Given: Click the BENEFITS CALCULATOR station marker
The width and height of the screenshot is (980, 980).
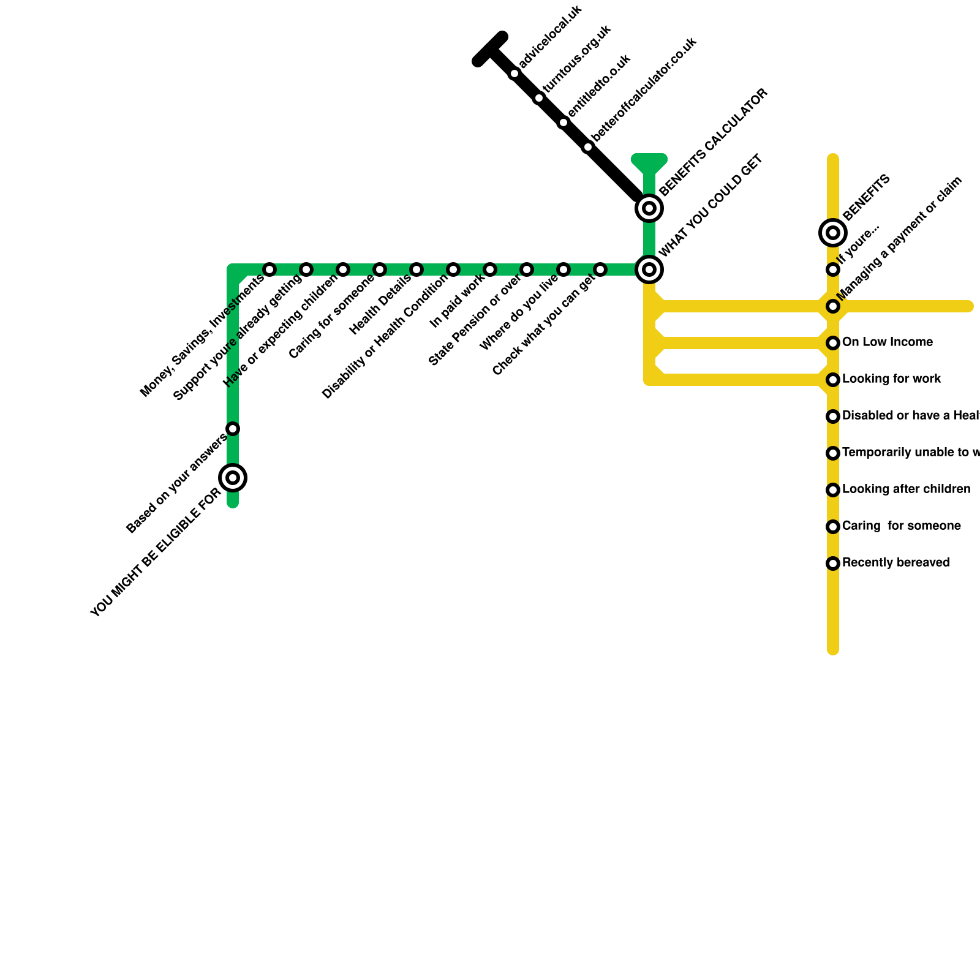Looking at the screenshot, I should point(649,208).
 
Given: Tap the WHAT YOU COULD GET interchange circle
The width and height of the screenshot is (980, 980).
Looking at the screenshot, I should point(649,269).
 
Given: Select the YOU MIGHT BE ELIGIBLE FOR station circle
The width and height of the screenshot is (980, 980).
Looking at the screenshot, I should point(233,478).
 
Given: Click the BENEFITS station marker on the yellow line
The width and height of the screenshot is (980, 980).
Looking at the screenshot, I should point(833,233).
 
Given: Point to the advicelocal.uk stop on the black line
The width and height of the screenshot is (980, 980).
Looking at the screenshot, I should point(514,74).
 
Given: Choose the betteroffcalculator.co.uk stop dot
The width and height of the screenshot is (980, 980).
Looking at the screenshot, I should point(588,147).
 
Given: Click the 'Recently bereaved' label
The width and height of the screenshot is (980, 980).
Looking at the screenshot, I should point(895,562).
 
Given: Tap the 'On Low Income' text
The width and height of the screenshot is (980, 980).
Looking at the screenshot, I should point(887,342).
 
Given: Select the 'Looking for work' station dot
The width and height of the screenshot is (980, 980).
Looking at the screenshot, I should point(833,380).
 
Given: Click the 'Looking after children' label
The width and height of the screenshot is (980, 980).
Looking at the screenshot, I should point(906,489).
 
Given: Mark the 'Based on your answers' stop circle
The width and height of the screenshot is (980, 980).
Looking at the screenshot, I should point(233,429).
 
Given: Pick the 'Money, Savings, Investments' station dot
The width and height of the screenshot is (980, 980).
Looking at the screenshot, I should point(269,269).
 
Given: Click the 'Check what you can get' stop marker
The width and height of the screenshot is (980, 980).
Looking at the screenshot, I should point(600,269).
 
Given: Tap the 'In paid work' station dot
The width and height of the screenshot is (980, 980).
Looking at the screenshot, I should point(490,269).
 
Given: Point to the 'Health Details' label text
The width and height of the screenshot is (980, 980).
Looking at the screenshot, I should point(380,305).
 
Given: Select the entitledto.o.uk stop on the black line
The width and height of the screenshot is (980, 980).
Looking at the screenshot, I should point(563,123).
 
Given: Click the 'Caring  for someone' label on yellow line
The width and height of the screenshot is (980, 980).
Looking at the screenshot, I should point(901,526).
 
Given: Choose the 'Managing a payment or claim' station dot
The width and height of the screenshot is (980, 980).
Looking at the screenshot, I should point(833,306).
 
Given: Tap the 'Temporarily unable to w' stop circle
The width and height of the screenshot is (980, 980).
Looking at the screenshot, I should point(833,453).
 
